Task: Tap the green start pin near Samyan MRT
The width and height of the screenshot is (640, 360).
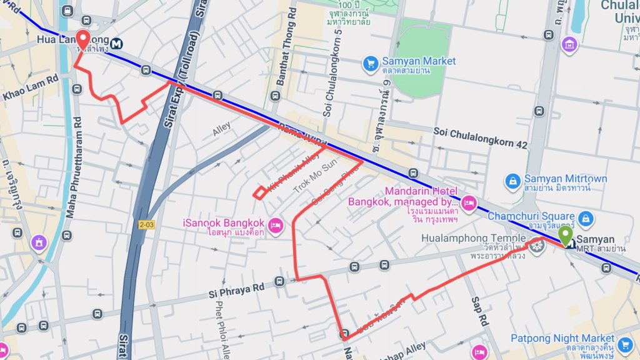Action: tap(565, 236)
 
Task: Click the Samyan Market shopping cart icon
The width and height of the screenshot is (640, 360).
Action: tap(370, 62)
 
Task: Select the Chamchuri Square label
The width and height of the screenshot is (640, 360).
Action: tap(530, 217)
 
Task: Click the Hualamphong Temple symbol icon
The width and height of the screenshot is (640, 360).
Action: tap(536, 246)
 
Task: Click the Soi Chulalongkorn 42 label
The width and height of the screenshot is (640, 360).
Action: tap(481, 139)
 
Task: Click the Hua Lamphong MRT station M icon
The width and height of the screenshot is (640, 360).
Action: tap(117, 43)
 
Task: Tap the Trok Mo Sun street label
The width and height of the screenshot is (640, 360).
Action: tap(315, 175)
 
